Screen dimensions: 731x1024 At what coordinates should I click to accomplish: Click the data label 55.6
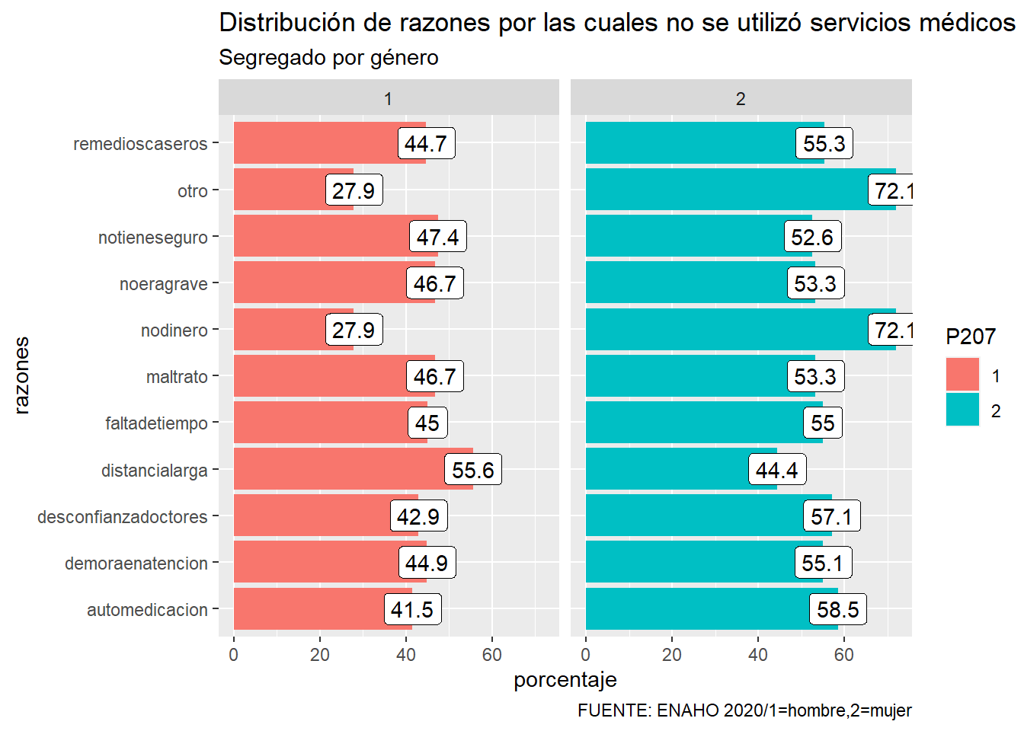(472, 470)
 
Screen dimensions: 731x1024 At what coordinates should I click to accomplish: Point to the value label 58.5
(837, 609)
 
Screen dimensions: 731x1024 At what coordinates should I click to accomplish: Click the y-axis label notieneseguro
(152, 238)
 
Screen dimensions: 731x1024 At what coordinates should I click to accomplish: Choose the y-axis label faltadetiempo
(156, 423)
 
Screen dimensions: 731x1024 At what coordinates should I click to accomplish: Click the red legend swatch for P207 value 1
(962, 375)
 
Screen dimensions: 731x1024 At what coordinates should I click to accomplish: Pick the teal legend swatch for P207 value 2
(962, 410)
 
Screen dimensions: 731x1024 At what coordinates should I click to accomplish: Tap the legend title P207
(970, 337)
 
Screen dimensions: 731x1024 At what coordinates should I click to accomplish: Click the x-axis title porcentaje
(565, 679)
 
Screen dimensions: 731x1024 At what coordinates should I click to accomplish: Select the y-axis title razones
(21, 375)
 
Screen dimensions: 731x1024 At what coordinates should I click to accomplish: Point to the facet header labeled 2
(741, 98)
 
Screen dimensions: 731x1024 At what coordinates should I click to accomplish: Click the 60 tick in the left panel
(491, 654)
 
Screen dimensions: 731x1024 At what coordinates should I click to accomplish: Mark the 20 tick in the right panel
(671, 654)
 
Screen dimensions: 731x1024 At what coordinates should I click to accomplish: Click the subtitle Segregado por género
(328, 58)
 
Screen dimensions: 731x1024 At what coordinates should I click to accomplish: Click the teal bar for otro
(724, 190)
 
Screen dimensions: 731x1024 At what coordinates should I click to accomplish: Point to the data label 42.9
(418, 516)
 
